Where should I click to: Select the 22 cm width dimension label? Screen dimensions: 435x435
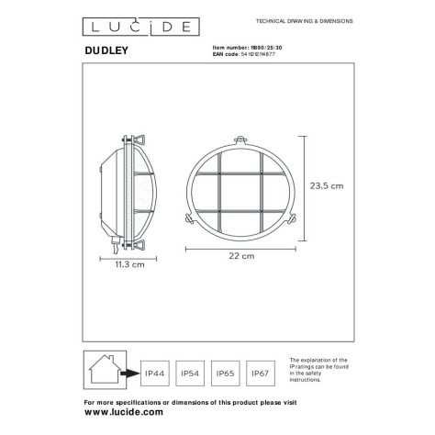point(242,257)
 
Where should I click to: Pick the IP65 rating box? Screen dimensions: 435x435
point(226,374)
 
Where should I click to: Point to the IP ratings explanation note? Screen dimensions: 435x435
point(319,374)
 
